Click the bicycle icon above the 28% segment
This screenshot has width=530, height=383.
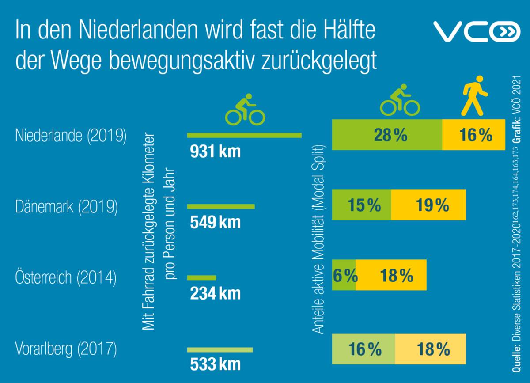coord(400,101)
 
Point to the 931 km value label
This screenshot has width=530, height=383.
coord(216,152)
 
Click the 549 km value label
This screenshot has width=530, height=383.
coord(216,222)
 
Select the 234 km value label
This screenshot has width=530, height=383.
coord(216,293)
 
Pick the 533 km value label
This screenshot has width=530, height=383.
coord(216,365)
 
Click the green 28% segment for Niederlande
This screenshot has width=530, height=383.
coord(387,135)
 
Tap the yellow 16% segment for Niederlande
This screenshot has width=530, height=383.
coord(474,135)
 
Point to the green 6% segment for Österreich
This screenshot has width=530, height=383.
coord(344,276)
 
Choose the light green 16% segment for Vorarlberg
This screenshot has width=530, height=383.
coord(363,349)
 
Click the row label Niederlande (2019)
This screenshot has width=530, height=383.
coord(71,136)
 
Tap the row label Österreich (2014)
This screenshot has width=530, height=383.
coord(66,278)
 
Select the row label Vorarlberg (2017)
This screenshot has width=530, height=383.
coord(66,349)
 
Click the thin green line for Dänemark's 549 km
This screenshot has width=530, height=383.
coord(221,206)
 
